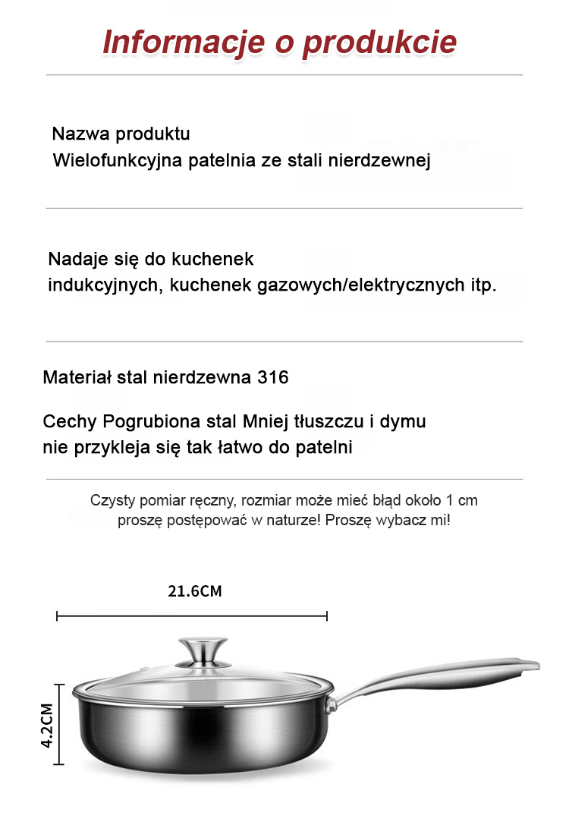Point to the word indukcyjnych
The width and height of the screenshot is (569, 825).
104,285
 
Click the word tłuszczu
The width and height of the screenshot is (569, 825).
347,421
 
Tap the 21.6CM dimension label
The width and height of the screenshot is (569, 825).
195,591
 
